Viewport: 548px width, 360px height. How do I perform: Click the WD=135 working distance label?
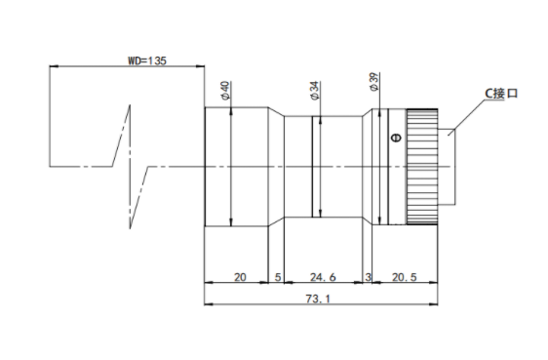tap(147, 60)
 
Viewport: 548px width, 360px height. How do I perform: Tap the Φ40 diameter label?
tap(226, 90)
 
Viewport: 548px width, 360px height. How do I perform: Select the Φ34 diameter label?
tap(315, 91)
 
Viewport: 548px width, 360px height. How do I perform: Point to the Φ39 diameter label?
tap(373, 82)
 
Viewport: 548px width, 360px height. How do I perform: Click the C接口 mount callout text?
tap(501, 94)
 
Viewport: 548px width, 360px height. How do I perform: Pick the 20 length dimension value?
tap(240, 277)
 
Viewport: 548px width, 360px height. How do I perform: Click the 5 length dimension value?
tap(278, 277)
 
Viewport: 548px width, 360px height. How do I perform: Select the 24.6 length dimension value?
tap(323, 277)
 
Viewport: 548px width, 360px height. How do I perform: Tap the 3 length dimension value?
tap(368, 277)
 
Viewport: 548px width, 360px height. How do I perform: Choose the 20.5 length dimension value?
tap(405, 277)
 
